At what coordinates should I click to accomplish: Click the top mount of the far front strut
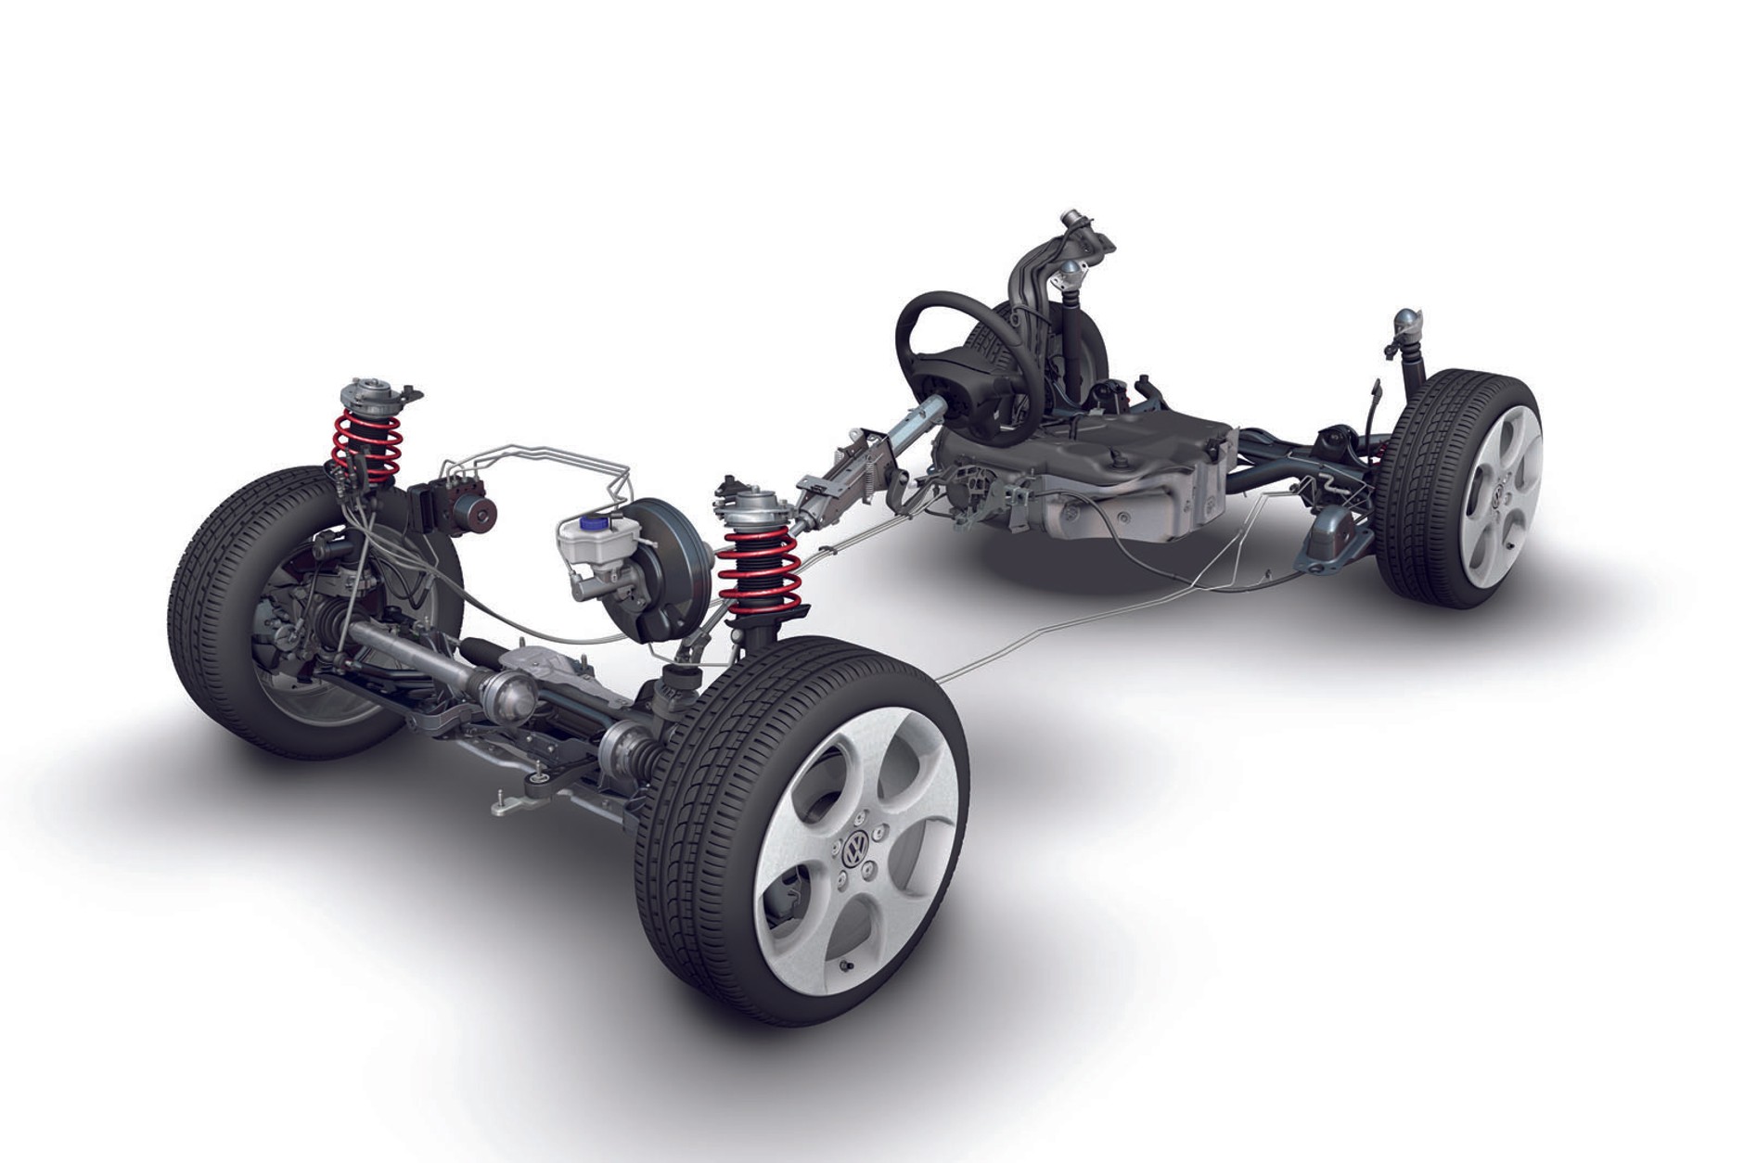[x=367, y=394]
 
